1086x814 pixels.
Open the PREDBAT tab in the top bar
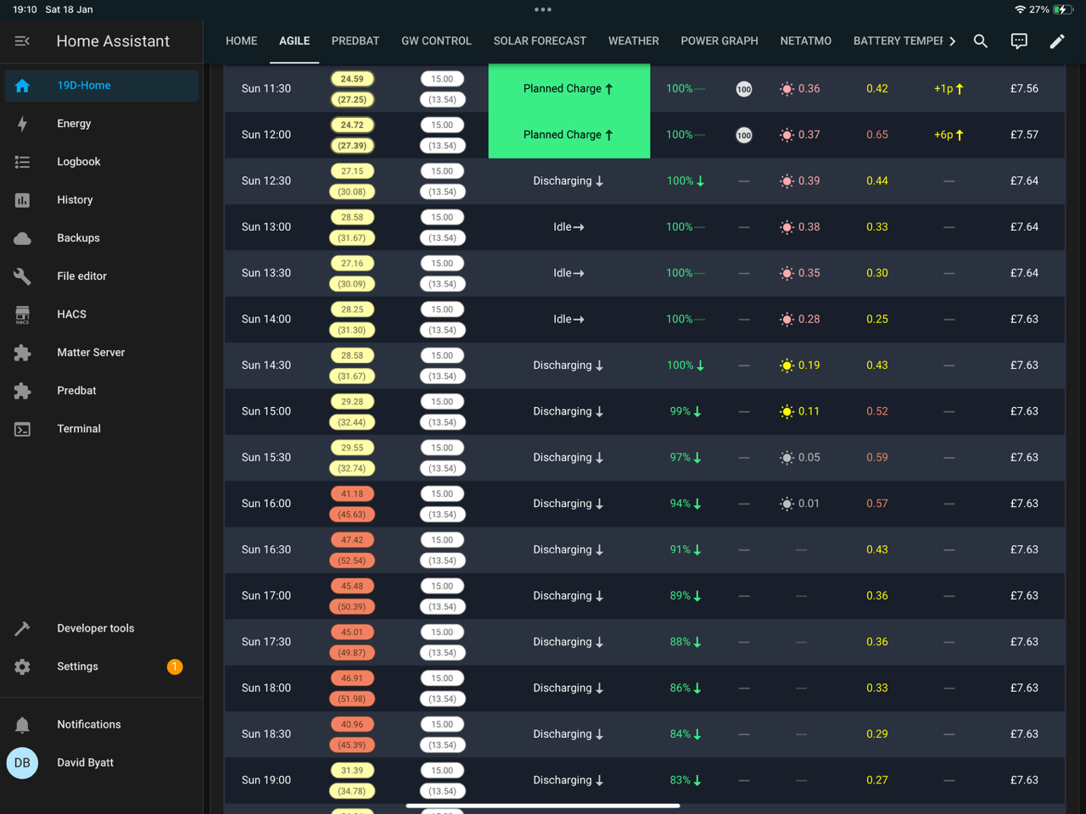[x=355, y=41]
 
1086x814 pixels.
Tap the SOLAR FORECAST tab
[x=540, y=41]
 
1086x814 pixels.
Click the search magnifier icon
[x=980, y=41]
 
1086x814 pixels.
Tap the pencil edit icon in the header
[x=1057, y=41]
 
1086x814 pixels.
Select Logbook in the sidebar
[x=79, y=162]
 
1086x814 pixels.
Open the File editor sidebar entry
[x=81, y=276]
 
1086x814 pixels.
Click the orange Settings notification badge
[x=175, y=666]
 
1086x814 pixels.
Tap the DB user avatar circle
[x=22, y=762]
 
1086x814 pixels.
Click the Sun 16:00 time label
[x=266, y=503]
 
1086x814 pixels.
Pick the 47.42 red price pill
[x=352, y=540]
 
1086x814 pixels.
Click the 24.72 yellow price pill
[x=352, y=125]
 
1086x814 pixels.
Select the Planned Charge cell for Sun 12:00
[x=568, y=135]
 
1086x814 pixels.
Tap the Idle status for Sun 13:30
[x=568, y=273]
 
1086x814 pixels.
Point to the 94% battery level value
[x=680, y=503]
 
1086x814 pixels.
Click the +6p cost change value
[x=943, y=135]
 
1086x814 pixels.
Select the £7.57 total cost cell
[x=1024, y=135]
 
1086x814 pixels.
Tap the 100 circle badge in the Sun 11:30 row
[x=743, y=89]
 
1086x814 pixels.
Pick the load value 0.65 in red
[x=876, y=135]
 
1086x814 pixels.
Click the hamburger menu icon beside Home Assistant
[x=22, y=41]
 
